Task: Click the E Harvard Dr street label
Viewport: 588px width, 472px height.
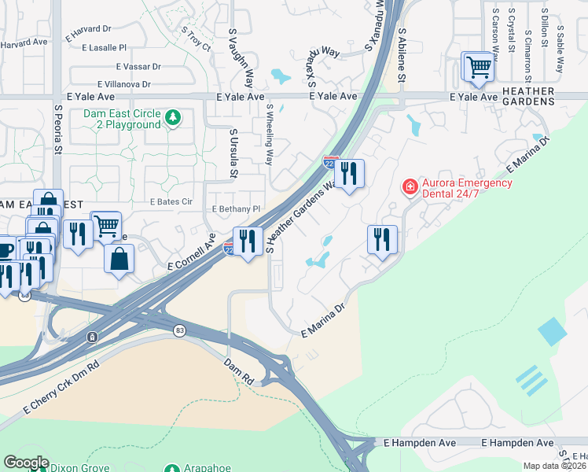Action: [x=88, y=29]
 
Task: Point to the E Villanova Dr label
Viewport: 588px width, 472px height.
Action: [x=123, y=84]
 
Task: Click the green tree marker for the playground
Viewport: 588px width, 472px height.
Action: [x=173, y=118]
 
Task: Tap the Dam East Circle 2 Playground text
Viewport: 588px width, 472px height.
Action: [x=122, y=119]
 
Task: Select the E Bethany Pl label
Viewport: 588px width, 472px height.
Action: [x=236, y=209]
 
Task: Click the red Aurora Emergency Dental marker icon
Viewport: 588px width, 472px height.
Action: [x=410, y=187]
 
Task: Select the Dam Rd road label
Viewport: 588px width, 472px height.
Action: [x=237, y=371]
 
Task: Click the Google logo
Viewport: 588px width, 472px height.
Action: [x=25, y=463]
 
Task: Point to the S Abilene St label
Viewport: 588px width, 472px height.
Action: [x=402, y=57]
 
